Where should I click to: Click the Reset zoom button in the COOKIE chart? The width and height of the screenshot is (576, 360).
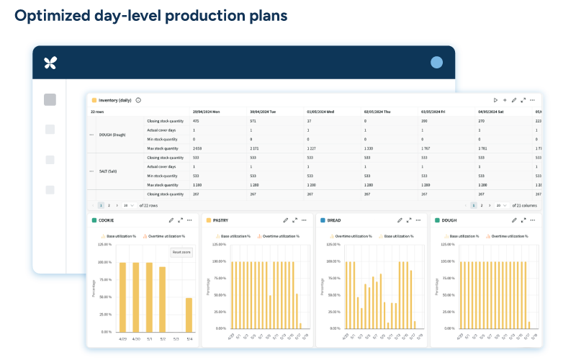(x=181, y=252)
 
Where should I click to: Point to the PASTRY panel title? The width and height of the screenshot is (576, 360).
(x=221, y=220)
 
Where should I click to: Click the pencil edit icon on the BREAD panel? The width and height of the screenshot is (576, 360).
(x=400, y=220)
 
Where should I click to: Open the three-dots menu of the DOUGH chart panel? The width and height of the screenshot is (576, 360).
(x=534, y=220)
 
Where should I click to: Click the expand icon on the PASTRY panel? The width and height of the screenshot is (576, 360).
(x=295, y=220)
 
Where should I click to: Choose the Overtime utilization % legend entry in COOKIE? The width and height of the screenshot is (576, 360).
(x=165, y=235)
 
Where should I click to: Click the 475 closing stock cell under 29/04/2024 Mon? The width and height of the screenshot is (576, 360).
(x=196, y=121)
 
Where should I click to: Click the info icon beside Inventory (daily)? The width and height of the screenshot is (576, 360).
(x=138, y=100)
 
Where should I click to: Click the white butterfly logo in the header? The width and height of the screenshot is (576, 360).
(x=50, y=63)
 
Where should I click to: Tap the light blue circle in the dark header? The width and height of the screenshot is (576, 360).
(x=436, y=63)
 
